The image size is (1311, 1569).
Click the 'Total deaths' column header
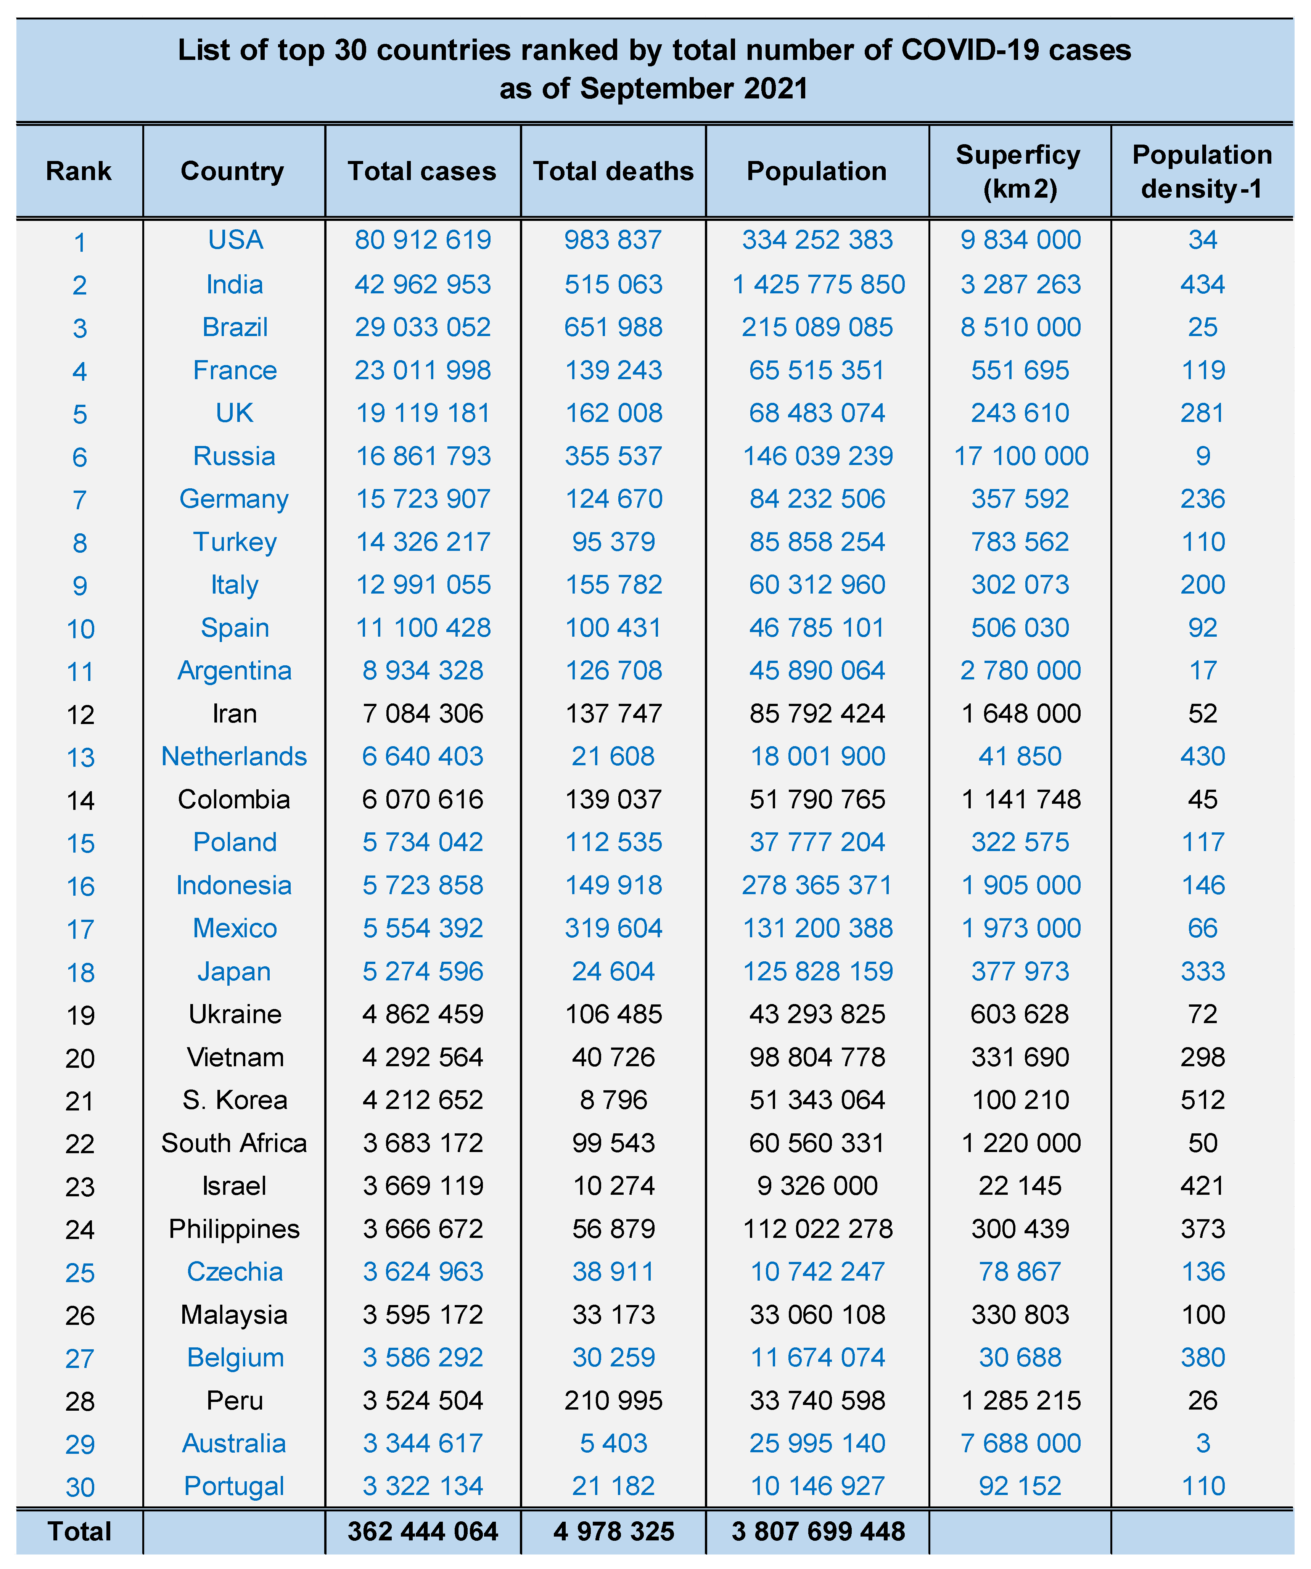pyautogui.click(x=613, y=171)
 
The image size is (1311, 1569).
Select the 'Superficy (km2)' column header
pyautogui.click(x=1020, y=171)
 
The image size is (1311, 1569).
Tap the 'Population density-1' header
pyautogui.click(x=1202, y=171)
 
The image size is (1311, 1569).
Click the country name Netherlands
pyautogui.click(x=234, y=756)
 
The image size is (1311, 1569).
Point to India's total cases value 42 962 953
pyautogui.click(x=423, y=284)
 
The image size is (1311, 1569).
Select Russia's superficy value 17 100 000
pyautogui.click(x=1020, y=456)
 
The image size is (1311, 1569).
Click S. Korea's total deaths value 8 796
pyautogui.click(x=613, y=1100)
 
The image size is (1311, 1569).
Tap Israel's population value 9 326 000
pyautogui.click(x=817, y=1186)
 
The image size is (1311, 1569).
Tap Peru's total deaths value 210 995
pyautogui.click(x=613, y=1400)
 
